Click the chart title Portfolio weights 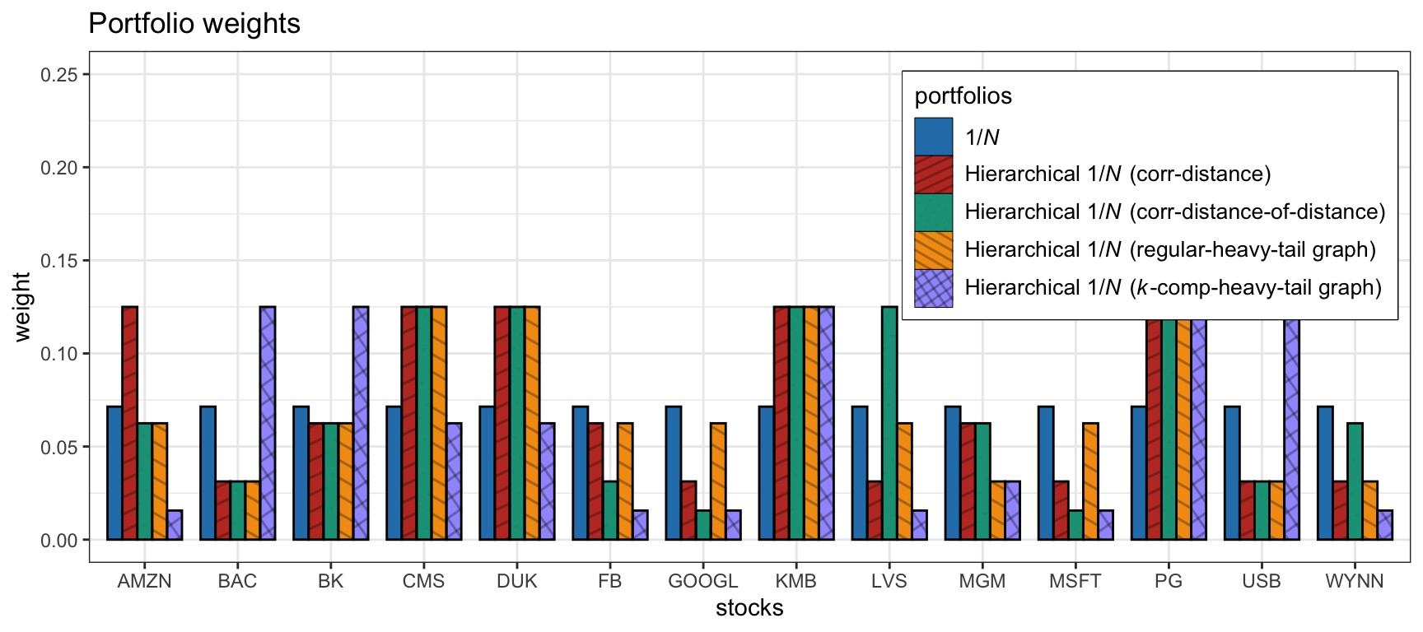pyautogui.click(x=194, y=24)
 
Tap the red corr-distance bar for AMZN pyautogui.click(x=129, y=423)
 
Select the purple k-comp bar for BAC pyautogui.click(x=268, y=423)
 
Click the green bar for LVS pyautogui.click(x=889, y=423)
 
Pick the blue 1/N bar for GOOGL pyautogui.click(x=674, y=473)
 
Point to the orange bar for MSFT pyautogui.click(x=1090, y=481)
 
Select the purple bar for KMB pyautogui.click(x=826, y=423)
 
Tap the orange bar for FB pyautogui.click(x=625, y=481)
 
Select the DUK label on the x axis pyautogui.click(x=517, y=582)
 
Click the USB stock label pyautogui.click(x=1262, y=582)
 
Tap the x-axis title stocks pyautogui.click(x=749, y=608)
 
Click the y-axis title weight pyautogui.click(x=22, y=307)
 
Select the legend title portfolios pyautogui.click(x=963, y=96)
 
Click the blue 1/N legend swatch pyautogui.click(x=933, y=137)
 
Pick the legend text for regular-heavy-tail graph pyautogui.click(x=1170, y=249)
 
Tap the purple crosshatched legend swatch pyautogui.click(x=933, y=288)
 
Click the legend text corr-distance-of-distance pyautogui.click(x=1175, y=212)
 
